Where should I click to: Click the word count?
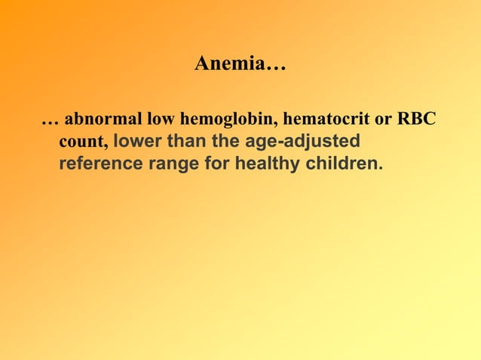coord(83,141)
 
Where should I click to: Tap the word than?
coord(186,141)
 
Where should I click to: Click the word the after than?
coord(226,141)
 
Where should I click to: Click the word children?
coord(340,163)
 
